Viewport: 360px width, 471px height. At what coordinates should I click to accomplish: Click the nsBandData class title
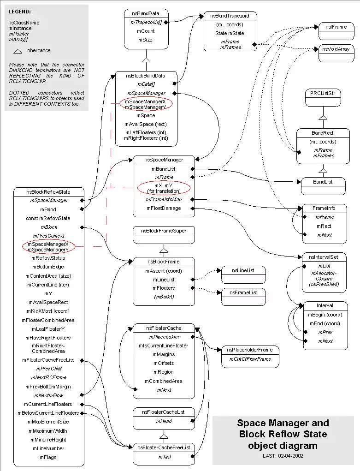pos(146,13)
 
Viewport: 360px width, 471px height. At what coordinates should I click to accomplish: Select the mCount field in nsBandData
pos(146,31)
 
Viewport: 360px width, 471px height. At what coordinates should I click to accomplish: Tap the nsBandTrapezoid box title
pos(230,16)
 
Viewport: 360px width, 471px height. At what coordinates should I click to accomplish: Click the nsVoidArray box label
pos(336,49)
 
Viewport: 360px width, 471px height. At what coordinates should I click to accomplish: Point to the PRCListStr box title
pos(323,94)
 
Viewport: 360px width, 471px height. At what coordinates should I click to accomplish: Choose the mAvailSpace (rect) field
pos(146,124)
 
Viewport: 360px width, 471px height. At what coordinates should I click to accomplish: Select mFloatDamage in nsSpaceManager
pos(164,208)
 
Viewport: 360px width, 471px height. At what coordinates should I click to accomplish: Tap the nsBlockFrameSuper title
pos(164,231)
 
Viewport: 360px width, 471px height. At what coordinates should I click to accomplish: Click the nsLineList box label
pos(243,271)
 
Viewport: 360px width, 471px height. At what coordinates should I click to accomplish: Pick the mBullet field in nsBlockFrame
pos(164,297)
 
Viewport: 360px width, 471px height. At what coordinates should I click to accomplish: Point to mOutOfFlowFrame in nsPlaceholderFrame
pos(250,359)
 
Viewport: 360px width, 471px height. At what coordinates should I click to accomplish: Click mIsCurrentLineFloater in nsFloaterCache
pos(163,346)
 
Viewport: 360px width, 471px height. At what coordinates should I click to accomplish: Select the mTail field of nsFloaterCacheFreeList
pos(164,457)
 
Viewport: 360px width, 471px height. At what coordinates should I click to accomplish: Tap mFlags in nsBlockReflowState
pos(48,457)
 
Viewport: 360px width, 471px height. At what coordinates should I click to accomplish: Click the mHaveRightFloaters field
pos(48,338)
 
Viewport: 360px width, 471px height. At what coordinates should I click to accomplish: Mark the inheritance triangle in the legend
pos(18,51)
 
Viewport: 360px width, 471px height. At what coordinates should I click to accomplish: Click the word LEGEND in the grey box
pos(19,12)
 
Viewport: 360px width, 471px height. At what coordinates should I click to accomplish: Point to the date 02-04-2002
pos(290,456)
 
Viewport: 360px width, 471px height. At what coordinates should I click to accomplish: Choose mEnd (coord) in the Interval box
pos(325,323)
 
